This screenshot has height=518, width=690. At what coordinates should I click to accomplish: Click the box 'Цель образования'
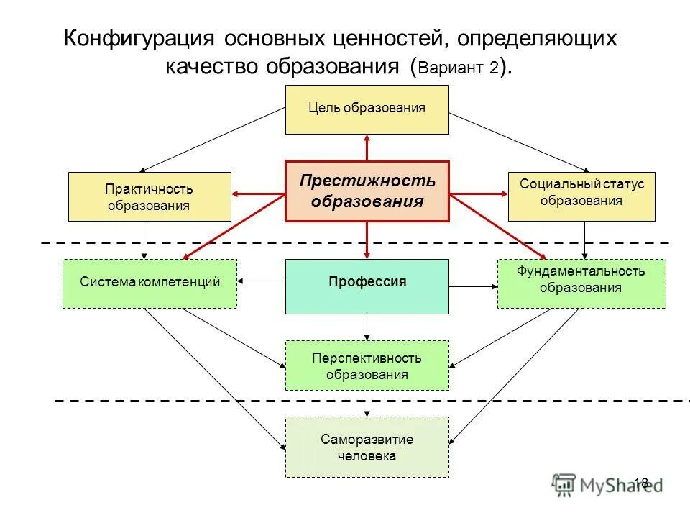click(x=367, y=109)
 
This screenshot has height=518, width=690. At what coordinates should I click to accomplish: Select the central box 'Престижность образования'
click(x=367, y=191)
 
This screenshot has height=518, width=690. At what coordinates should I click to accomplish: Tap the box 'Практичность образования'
click(x=149, y=196)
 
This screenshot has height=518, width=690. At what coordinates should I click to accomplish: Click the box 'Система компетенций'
click(x=149, y=283)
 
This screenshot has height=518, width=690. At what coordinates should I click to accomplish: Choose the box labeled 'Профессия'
click(x=367, y=283)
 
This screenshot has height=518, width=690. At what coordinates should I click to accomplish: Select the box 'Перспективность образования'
click(x=367, y=365)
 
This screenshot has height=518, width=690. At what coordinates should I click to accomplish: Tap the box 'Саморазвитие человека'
click(x=367, y=447)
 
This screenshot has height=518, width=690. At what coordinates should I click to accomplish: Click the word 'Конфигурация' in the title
click(x=137, y=38)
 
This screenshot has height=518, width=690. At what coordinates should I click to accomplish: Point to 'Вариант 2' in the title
click(x=459, y=69)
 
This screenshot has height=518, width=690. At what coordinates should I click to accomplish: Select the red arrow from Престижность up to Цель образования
click(x=367, y=147)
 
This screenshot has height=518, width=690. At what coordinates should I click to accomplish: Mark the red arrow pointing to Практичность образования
click(x=259, y=194)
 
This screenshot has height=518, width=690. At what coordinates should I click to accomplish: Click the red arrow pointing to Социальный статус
click(x=478, y=194)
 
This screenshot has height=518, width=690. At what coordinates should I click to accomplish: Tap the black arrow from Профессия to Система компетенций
click(x=262, y=281)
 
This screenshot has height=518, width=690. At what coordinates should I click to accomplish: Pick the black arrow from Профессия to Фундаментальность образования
click(x=473, y=287)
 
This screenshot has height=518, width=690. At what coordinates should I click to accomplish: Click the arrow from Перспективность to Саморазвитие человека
click(x=367, y=404)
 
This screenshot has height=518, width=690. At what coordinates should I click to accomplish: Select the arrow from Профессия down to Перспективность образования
click(x=367, y=327)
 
